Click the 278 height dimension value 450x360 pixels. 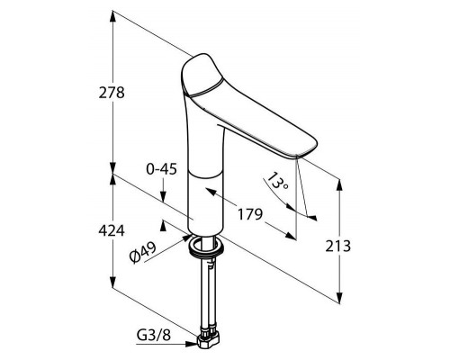click(x=112, y=93)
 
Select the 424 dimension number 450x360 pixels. click(x=112, y=230)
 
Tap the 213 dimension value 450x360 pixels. click(x=338, y=247)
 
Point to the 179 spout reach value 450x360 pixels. click(x=250, y=214)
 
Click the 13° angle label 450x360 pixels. click(x=278, y=181)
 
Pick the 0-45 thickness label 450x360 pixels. click(x=161, y=169)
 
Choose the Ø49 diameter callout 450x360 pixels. click(x=143, y=253)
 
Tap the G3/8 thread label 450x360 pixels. click(x=154, y=335)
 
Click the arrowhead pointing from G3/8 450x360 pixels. click(x=192, y=344)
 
